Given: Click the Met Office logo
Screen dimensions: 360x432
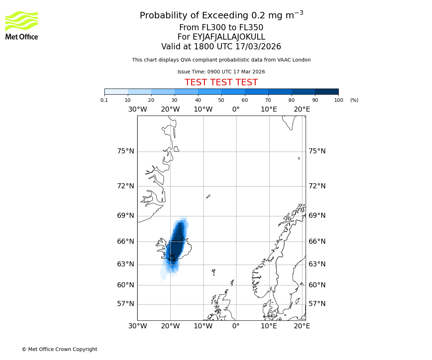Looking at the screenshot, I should point(22,25).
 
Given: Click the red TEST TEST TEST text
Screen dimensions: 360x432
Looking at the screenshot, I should point(221,82).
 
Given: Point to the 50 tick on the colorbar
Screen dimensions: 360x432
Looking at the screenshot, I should point(221,100).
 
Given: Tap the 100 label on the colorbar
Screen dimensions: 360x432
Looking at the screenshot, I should point(338,100).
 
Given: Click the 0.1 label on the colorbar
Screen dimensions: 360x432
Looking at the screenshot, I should point(104,100).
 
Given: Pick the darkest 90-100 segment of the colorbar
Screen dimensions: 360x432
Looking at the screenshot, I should point(327,91).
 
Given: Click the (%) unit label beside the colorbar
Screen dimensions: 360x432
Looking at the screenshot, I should point(354,100).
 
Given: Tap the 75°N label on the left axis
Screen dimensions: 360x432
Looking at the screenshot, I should point(125,151).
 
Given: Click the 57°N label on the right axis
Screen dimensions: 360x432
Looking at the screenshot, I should point(317,304).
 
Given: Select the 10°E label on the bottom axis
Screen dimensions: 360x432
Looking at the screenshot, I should point(269,326).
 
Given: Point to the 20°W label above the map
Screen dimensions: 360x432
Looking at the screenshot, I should point(170,109).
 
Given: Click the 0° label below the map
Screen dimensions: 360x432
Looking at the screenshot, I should point(236,326).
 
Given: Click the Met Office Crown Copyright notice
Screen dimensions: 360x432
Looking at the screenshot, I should point(59,349).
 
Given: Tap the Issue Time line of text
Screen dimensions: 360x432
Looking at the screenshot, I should point(221,72).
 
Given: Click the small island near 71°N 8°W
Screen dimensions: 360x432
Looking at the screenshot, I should point(208,197).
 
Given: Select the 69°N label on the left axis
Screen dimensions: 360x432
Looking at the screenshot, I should point(125,216).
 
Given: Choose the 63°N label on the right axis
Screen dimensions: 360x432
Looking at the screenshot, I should point(317,264).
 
